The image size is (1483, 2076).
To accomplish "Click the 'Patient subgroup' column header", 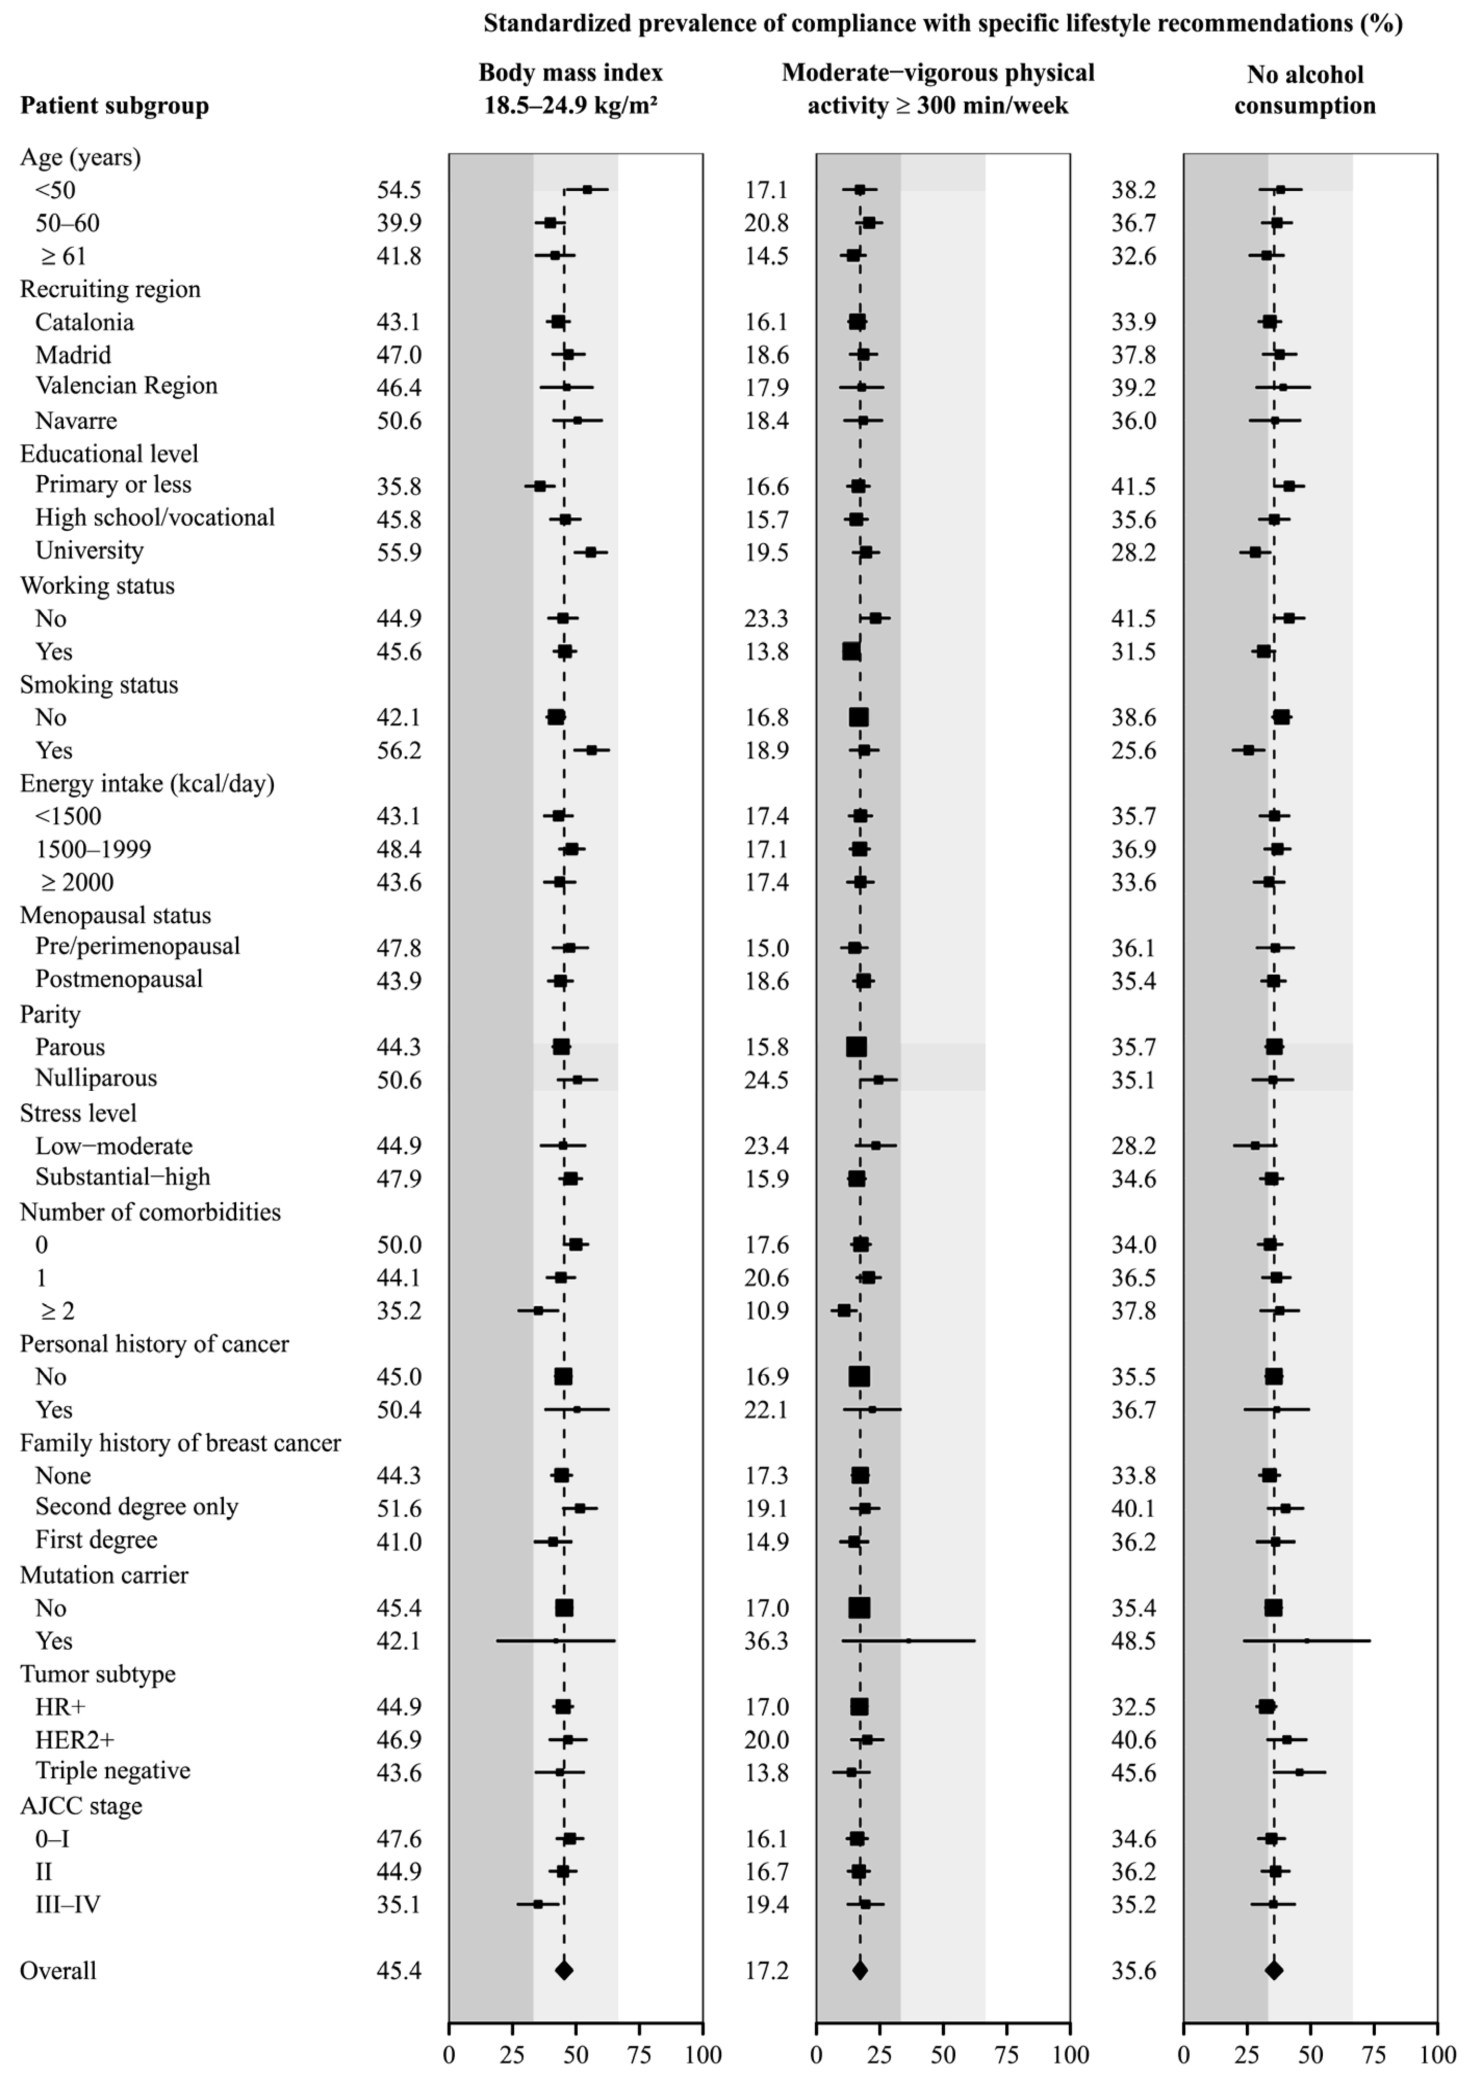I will coord(114,106).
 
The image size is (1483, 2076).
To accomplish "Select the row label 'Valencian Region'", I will coord(126,386).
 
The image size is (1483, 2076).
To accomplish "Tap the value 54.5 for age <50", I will coord(399,190).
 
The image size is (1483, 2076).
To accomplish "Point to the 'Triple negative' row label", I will coord(112,1771).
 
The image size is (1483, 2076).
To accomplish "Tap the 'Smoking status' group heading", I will coord(99,685).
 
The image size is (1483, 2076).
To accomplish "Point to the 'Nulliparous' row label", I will coord(96,1079).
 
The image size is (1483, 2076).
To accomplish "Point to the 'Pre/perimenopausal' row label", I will coord(137,946).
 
